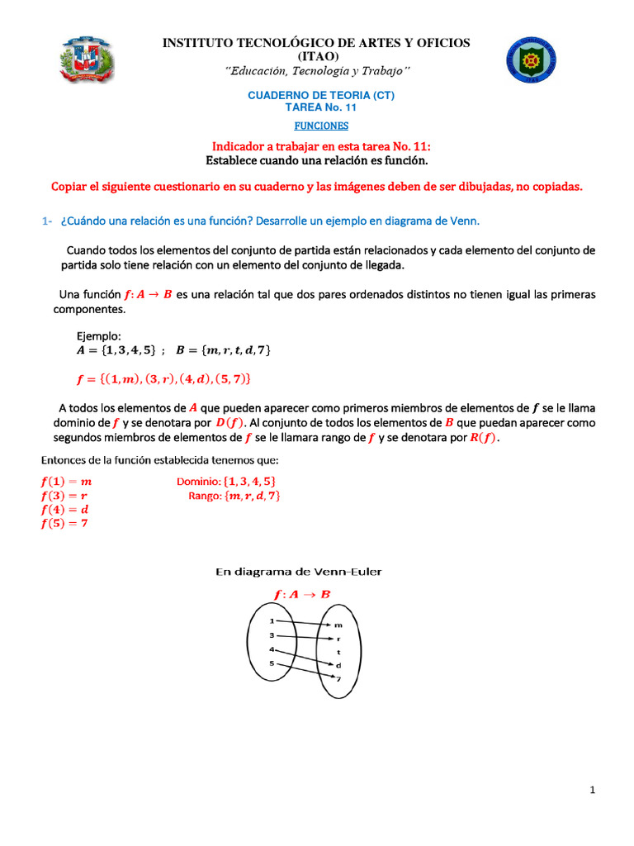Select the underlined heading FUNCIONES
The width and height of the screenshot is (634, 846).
(x=322, y=126)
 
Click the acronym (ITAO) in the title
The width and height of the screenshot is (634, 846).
(x=316, y=57)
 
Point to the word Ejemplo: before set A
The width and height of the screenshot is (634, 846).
(x=99, y=336)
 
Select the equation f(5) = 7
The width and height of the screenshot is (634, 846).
(x=64, y=523)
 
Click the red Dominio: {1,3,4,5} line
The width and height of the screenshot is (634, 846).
(x=226, y=481)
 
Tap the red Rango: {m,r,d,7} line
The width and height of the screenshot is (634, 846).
(x=234, y=496)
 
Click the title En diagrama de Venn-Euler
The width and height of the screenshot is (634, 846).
(x=299, y=571)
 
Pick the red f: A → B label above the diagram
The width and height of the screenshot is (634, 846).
(x=302, y=594)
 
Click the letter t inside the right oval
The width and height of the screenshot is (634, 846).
(x=337, y=652)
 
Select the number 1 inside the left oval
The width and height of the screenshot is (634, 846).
(x=272, y=620)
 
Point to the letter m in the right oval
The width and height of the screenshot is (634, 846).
(x=337, y=625)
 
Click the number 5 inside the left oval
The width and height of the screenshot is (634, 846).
(x=272, y=663)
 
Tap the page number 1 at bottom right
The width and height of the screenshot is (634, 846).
(x=593, y=791)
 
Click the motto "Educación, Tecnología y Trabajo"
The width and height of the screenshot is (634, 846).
(x=316, y=71)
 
